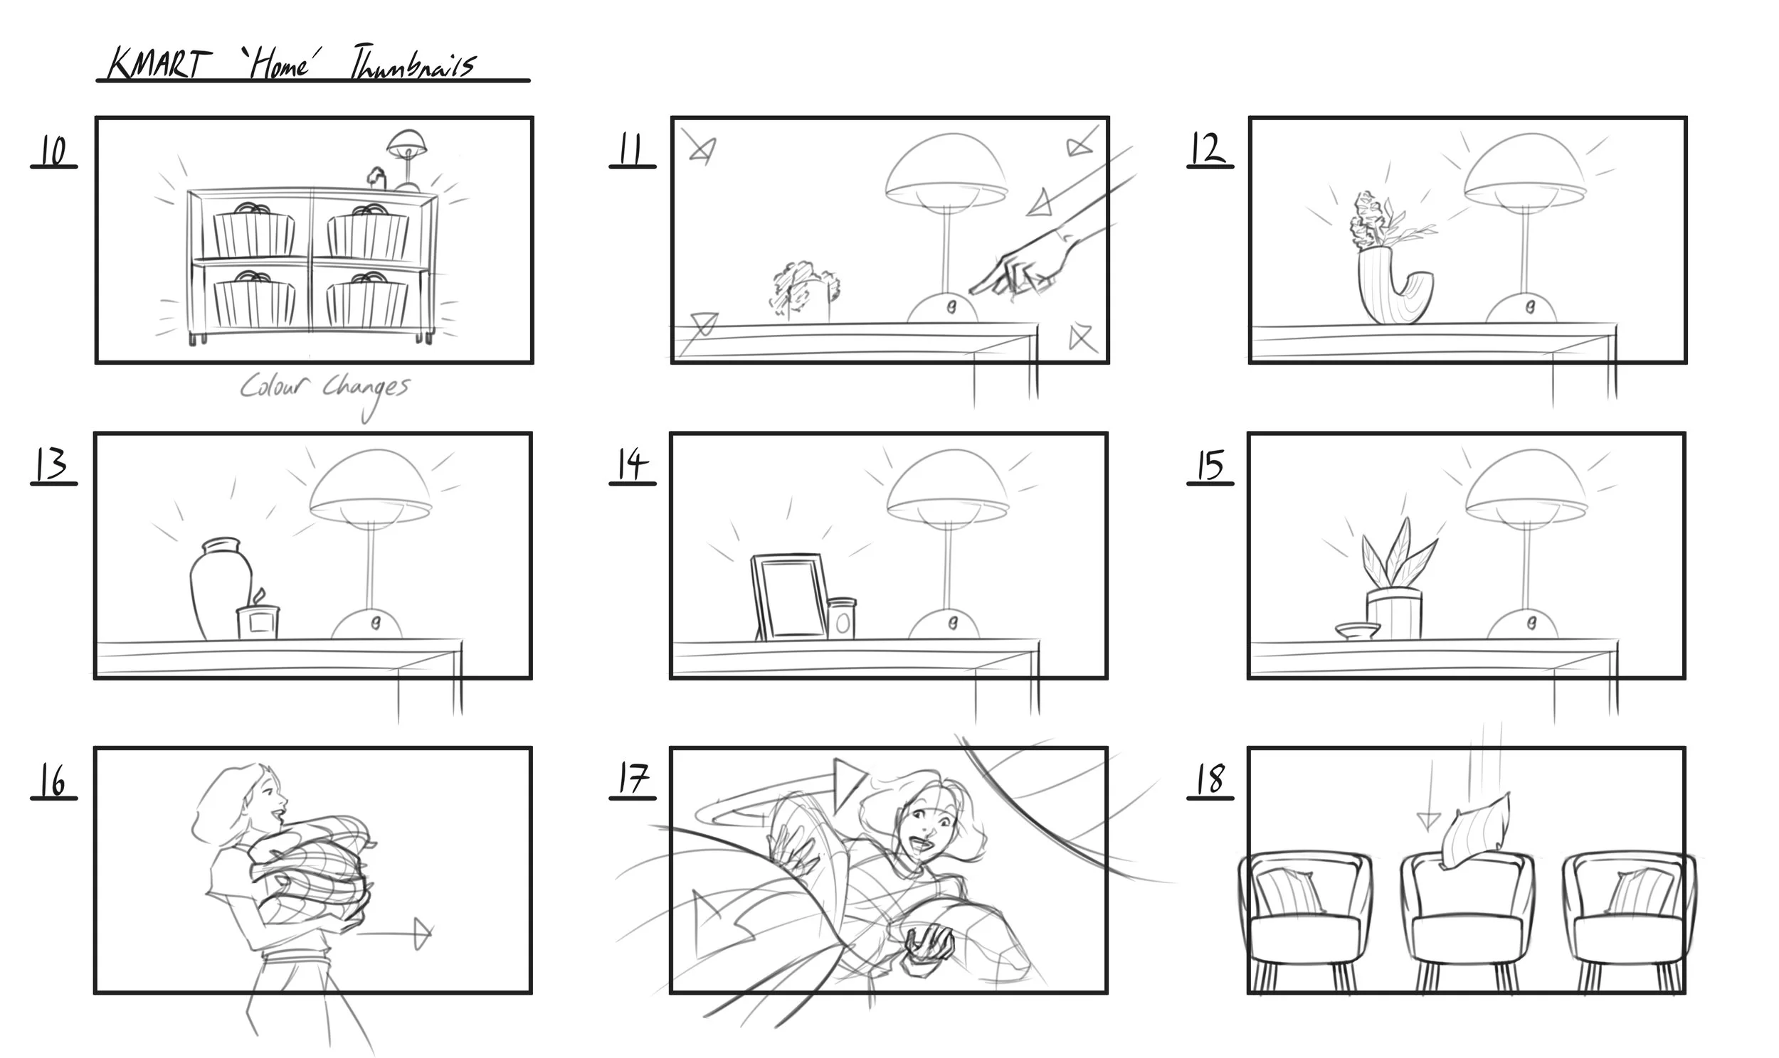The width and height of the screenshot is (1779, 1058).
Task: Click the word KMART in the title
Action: [x=159, y=64]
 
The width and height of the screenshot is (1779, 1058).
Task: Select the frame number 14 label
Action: [x=632, y=465]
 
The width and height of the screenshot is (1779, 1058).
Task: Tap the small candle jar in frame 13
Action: [x=258, y=620]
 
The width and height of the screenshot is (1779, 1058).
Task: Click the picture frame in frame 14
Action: [x=790, y=597]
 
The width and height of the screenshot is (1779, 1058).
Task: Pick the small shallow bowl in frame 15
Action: [x=1357, y=630]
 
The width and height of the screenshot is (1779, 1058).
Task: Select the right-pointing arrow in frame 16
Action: [x=399, y=933]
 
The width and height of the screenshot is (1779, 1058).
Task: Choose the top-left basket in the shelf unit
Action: [x=253, y=232]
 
